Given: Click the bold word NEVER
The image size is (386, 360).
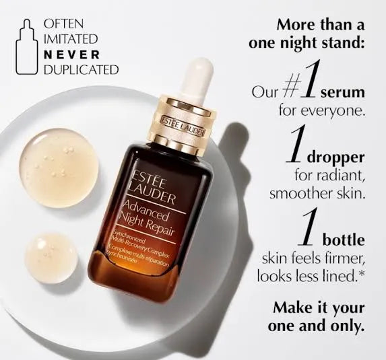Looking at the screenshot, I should [71, 54].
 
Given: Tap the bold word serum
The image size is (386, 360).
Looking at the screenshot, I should [344, 93].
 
